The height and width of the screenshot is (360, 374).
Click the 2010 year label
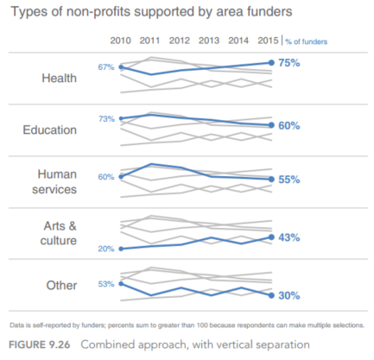click(120, 41)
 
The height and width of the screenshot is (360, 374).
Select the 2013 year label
click(209, 41)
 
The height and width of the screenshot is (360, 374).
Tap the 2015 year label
click(268, 41)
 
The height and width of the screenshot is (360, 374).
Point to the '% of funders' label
click(307, 41)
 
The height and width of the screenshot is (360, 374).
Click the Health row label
click(60, 78)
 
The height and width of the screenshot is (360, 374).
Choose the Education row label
click(50, 129)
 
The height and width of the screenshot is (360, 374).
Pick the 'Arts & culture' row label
click(59, 233)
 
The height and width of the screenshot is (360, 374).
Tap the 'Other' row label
click(61, 285)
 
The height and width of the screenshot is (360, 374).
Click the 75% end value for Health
click(289, 63)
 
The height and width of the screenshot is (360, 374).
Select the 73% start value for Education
click(106, 119)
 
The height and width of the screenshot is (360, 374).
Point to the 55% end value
click(289, 180)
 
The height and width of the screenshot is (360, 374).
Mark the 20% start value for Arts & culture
click(106, 249)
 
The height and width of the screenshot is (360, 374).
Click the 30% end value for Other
click(289, 295)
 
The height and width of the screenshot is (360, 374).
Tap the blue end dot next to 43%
click(271, 237)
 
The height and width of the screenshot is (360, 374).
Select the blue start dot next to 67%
click(121, 67)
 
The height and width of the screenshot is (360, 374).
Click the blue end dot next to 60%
click(271, 125)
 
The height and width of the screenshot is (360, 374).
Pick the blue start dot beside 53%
click(121, 284)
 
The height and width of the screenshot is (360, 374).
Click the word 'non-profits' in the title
click(98, 12)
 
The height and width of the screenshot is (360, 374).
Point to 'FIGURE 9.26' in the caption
click(40, 344)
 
